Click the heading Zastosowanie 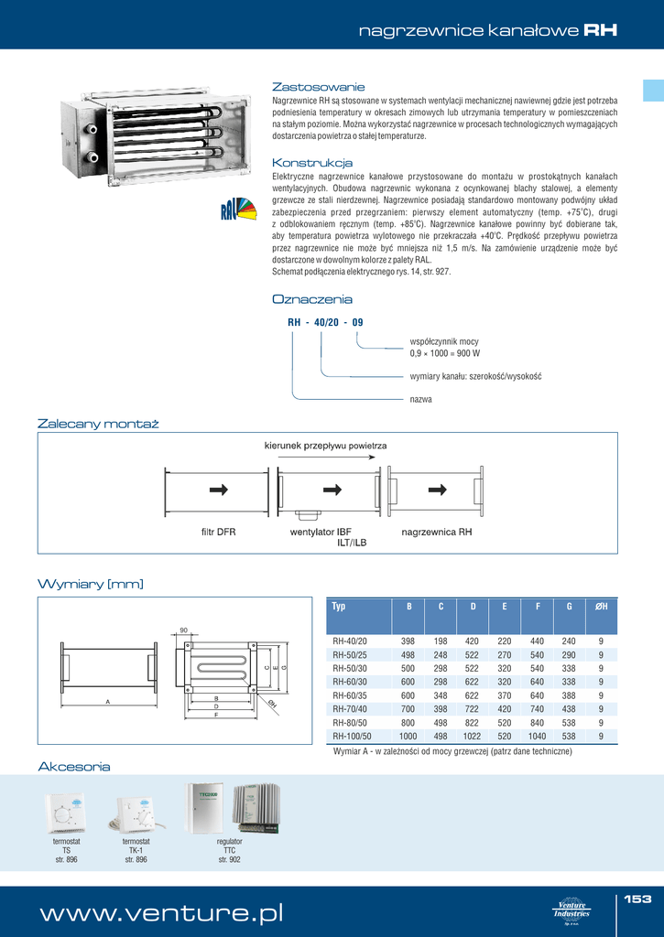click(319, 86)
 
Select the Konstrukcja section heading click(312, 162)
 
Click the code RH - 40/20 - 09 click(325, 322)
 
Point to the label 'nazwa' click(420, 399)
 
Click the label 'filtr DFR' click(218, 531)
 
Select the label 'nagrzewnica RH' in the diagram click(437, 531)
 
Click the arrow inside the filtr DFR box click(218, 490)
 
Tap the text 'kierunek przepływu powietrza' click(325, 445)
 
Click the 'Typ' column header click(339, 607)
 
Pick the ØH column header click(601, 607)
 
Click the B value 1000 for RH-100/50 click(408, 736)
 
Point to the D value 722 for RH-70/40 click(472, 708)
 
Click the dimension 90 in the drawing click(183, 630)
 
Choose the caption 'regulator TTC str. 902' click(229, 851)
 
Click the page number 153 click(637, 899)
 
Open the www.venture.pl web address click(160, 913)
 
